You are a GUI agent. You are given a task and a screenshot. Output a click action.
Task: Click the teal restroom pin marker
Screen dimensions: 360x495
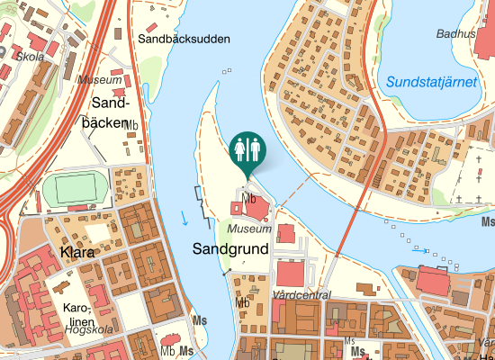(247, 149)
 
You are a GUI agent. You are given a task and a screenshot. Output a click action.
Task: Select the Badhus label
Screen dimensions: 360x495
(454, 33)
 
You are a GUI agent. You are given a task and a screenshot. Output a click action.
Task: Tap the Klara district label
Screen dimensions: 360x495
(79, 251)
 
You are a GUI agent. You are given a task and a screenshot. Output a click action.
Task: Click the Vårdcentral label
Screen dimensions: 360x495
(301, 295)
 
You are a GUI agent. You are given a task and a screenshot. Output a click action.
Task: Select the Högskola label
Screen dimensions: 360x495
(90, 329)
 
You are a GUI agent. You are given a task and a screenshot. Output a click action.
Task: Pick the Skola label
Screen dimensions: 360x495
(31, 56)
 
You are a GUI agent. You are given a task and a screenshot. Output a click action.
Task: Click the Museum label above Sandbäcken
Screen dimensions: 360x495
(99, 81)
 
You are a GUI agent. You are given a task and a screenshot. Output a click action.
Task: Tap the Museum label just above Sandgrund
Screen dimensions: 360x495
(249, 229)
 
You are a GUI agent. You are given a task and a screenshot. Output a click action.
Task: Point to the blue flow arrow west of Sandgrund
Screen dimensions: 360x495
(184, 217)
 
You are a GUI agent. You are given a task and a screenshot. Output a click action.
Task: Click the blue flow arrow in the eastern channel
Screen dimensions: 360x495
(420, 249)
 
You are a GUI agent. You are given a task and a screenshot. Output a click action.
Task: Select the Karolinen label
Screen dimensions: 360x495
(80, 314)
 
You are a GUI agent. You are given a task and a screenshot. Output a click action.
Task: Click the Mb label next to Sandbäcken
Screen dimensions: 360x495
(131, 125)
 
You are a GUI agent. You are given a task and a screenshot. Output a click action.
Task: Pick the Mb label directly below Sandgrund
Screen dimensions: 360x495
(242, 302)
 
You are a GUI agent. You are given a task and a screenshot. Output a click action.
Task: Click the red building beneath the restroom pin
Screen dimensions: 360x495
(255, 210)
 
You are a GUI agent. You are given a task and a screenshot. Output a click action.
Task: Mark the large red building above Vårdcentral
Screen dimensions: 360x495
(292, 274)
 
